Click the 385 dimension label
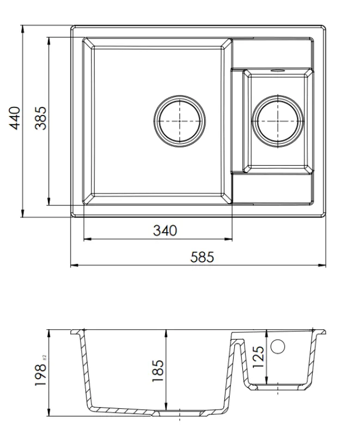[x=41, y=118]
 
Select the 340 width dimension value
[x=164, y=231]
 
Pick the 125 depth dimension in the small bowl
[x=259, y=357]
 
